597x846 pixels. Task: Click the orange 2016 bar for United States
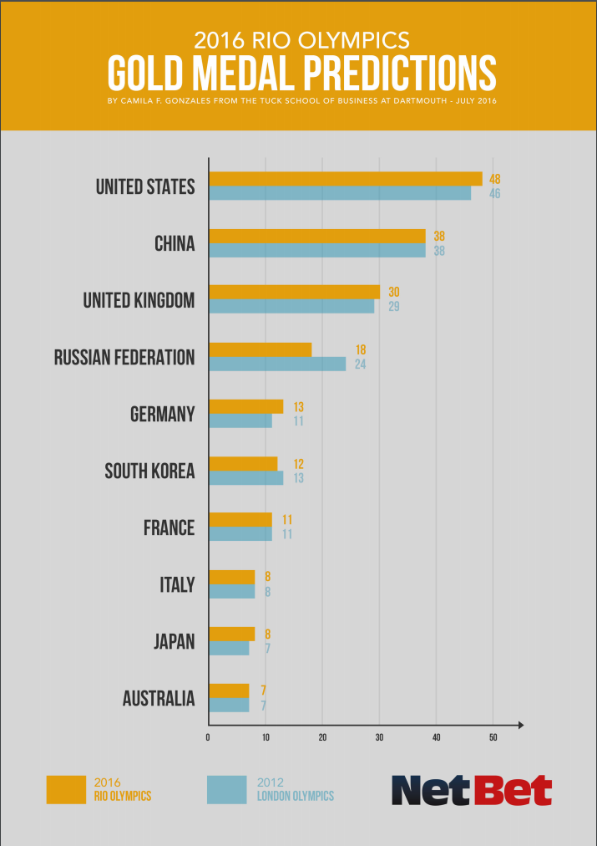(x=346, y=178)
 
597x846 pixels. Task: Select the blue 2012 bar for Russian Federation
(x=277, y=364)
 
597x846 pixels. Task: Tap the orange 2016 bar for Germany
(x=245, y=406)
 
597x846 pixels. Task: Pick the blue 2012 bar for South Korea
(x=245, y=477)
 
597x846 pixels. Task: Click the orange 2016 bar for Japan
(x=231, y=634)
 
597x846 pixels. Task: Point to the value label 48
(x=495, y=179)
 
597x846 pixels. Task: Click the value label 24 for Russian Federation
(x=360, y=364)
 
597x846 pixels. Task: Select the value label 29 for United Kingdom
(x=392, y=307)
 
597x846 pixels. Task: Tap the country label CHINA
(x=175, y=243)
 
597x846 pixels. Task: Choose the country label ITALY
(x=177, y=584)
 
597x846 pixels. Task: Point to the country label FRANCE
(x=169, y=527)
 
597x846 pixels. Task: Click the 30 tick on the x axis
(x=379, y=736)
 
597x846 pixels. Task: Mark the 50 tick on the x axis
(x=493, y=736)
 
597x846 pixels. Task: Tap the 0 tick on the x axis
(x=208, y=736)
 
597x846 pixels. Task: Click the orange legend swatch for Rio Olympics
(x=66, y=789)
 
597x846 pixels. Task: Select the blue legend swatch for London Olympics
(x=226, y=789)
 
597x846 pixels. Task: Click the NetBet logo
(x=472, y=789)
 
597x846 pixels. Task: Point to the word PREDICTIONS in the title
(x=400, y=74)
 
